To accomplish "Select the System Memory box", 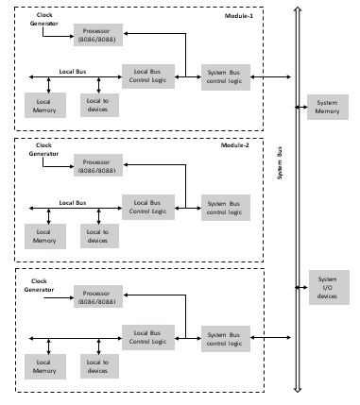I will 327,108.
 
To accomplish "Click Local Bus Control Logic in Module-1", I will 148,76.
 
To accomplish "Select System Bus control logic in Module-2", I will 222,206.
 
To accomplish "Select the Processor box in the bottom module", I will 98,296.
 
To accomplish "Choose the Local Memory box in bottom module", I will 44,366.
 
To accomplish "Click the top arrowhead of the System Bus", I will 297,9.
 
